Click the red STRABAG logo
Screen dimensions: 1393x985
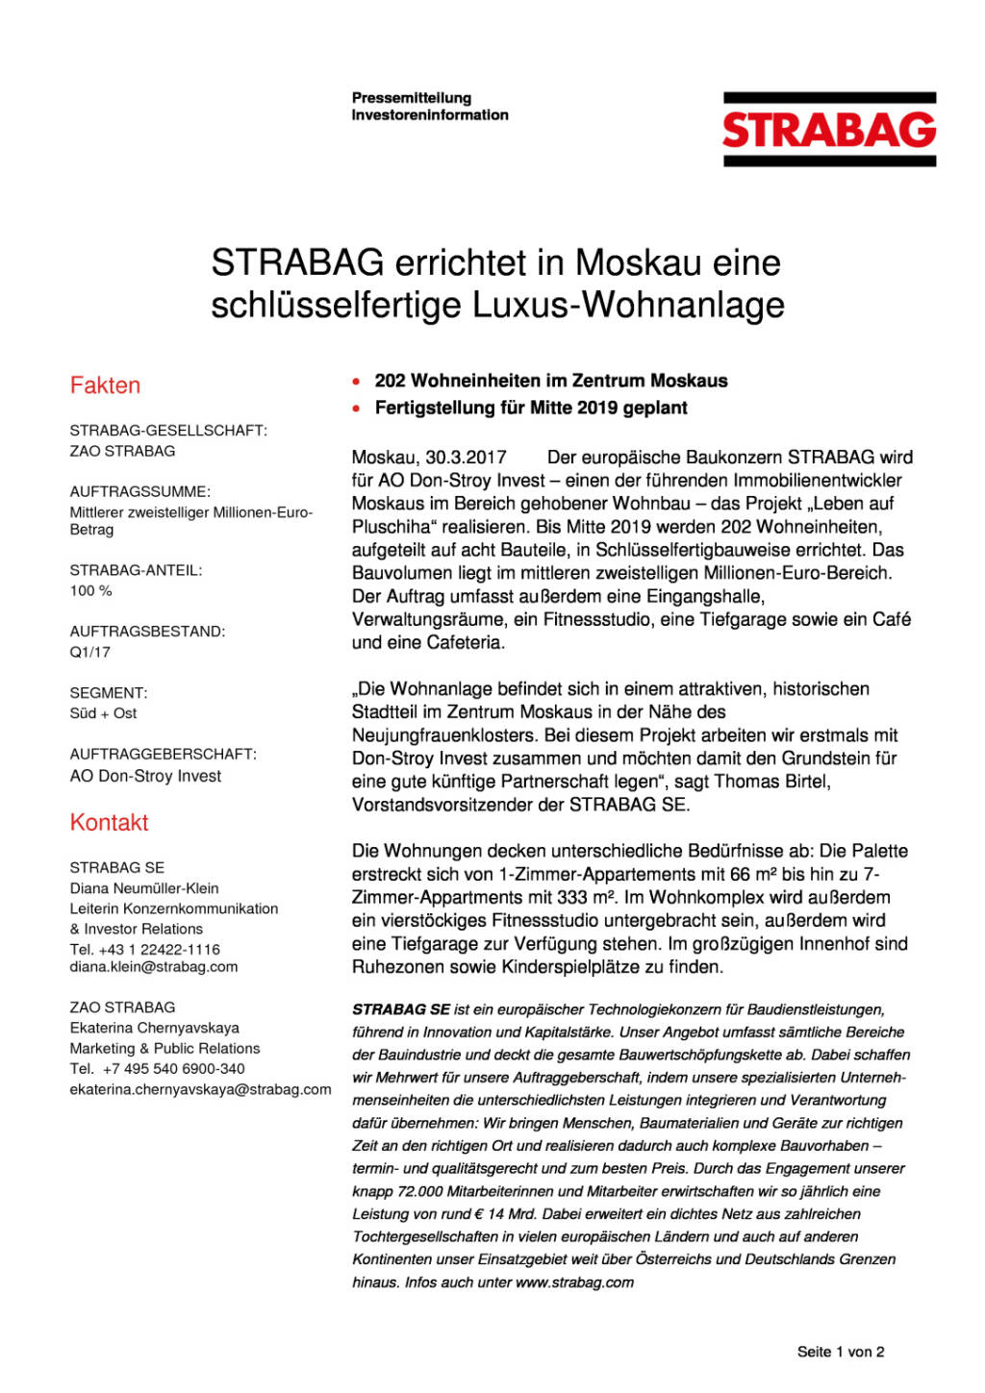coord(829,130)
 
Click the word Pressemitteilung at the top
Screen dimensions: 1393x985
coord(412,98)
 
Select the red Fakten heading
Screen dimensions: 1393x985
coord(105,386)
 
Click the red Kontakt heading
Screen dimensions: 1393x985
coord(109,823)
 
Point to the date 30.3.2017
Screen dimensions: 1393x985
coord(466,458)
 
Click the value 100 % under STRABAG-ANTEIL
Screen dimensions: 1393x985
coord(90,590)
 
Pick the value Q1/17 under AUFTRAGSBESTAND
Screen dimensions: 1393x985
coord(89,652)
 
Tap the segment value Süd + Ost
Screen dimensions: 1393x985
coord(103,713)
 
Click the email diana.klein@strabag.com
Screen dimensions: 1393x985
coord(153,967)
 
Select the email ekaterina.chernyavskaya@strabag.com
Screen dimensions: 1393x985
coord(200,1089)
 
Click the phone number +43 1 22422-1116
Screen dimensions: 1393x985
coord(159,949)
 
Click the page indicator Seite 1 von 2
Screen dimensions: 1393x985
coord(840,1352)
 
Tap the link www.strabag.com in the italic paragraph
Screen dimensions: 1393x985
coord(574,1282)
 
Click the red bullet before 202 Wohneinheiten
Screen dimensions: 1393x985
coord(357,382)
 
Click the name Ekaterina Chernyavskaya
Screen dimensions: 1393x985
coord(154,1028)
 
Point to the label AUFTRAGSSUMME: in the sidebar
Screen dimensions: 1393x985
coord(139,491)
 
